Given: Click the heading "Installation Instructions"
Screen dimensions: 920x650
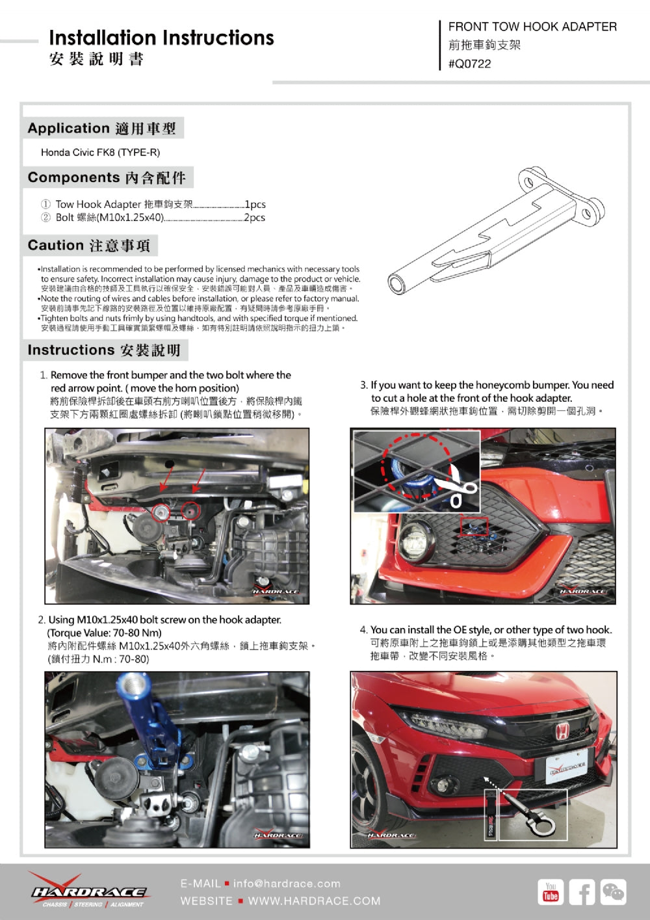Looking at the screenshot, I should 161,38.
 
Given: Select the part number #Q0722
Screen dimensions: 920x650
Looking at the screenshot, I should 469,64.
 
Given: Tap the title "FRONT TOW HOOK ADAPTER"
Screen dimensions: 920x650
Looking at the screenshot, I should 532,27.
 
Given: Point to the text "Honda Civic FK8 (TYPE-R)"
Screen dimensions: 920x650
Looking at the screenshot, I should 100,152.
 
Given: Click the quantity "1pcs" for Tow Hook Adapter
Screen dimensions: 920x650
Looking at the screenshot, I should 255,204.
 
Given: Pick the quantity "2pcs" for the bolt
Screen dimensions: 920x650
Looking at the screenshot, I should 255,217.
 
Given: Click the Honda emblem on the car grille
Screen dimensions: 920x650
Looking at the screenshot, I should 560,731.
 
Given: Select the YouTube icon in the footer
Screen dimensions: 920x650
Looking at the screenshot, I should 551,892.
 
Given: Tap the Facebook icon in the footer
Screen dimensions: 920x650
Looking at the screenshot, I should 582,892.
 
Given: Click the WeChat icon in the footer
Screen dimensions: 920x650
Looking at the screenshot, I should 613,892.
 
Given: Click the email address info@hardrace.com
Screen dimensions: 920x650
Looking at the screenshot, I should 287,884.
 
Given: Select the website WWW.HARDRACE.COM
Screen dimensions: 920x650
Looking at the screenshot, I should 314,901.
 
